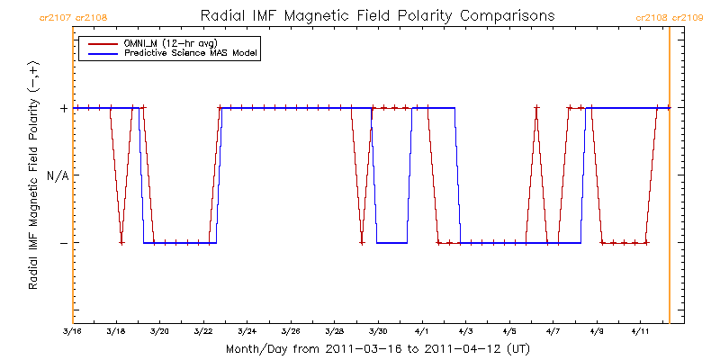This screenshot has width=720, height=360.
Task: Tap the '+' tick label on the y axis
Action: [63, 108]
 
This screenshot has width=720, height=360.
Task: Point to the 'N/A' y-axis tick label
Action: [58, 175]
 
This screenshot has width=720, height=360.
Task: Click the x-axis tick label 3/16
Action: [73, 332]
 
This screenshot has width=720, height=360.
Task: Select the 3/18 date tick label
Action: [116, 332]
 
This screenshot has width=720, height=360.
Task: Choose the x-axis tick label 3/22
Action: [203, 332]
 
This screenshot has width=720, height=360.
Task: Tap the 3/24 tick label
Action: [247, 332]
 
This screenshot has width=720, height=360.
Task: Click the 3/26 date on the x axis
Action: [291, 332]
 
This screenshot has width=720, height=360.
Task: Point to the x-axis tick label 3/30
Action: [378, 332]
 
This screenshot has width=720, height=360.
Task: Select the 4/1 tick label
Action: [421, 332]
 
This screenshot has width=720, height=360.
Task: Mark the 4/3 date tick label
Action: [465, 332]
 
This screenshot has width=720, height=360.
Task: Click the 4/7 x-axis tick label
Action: [553, 332]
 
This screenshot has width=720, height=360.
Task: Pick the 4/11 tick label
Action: [640, 332]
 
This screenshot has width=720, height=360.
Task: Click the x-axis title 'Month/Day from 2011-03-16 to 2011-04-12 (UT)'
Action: [377, 348]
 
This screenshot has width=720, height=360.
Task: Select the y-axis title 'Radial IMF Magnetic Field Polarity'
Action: [33, 175]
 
